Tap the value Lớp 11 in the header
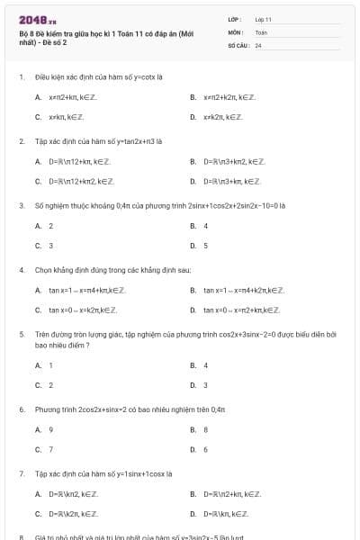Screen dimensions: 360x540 point(264,19)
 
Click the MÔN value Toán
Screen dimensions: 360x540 point(261,31)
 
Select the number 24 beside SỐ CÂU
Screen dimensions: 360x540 point(258,44)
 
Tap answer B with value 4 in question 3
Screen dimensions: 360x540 point(205,226)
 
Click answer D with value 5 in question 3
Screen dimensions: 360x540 point(205,245)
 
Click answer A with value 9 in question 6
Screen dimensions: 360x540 point(50,430)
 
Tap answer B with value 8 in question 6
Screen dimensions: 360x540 point(205,430)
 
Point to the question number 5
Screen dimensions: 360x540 point(22,334)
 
